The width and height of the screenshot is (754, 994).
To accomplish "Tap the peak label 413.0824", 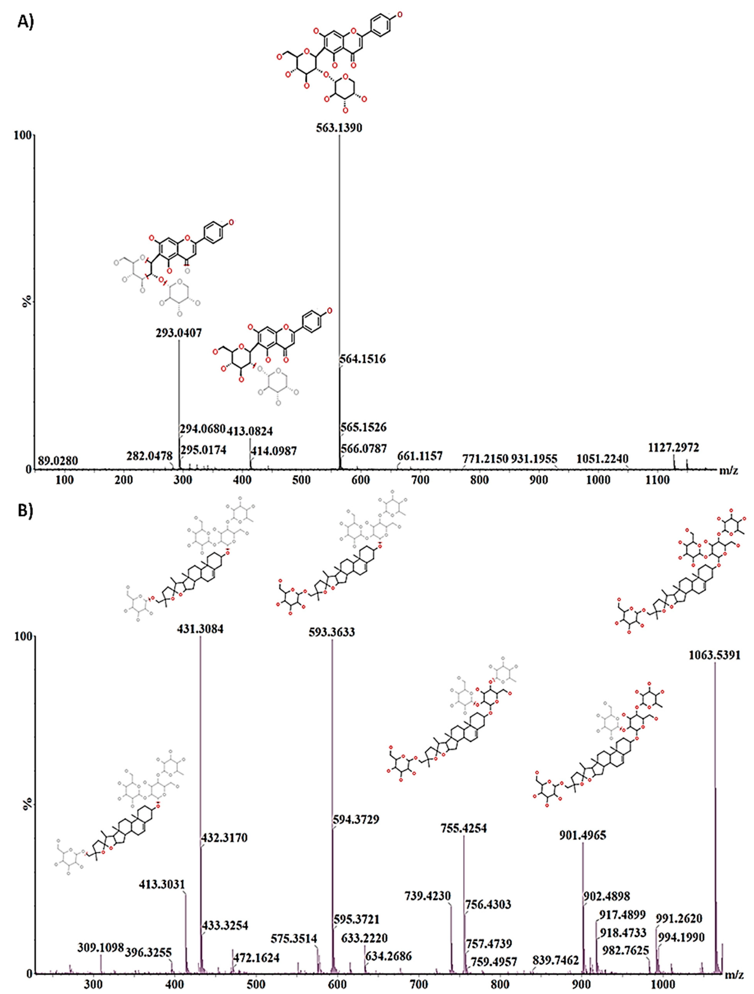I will click(249, 431).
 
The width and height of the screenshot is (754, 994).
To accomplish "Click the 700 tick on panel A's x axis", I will click(420, 480).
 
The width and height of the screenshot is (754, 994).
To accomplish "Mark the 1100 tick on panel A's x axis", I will click(657, 480).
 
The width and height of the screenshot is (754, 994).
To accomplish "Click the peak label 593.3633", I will click(332, 632).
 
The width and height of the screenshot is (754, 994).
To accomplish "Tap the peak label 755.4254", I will click(463, 828).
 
